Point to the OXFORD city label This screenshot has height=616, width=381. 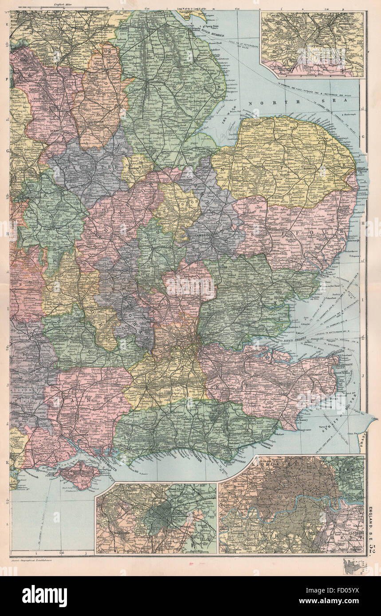(x=90, y=305)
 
